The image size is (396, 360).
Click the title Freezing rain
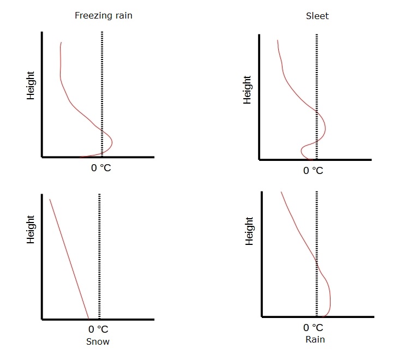pos(103,15)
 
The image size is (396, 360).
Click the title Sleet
pos(317,16)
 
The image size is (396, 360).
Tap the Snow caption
pos(98,342)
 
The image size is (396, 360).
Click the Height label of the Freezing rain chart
pos(31,85)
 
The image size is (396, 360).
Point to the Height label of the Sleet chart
pos(248,90)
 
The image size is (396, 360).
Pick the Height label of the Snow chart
pos(31,229)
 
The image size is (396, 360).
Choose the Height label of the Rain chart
pos(249,231)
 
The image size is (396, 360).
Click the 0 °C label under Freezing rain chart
pos(101,168)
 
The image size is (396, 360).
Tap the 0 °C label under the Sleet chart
pos(313,171)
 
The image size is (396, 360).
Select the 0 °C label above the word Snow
pos(98,329)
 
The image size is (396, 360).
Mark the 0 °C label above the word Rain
pos(314,328)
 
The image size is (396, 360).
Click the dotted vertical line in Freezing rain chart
pos(103,82)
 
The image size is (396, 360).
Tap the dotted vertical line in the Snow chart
pos(99,256)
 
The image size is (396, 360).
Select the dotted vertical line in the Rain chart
pos(317,229)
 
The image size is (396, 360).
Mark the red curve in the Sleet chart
pos(289,82)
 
